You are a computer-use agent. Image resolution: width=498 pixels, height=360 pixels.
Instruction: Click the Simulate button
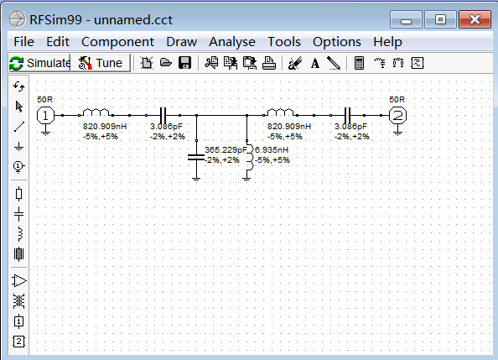pyautogui.click(x=39, y=63)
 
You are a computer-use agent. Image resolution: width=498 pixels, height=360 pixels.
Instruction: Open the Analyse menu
pyautogui.click(x=232, y=42)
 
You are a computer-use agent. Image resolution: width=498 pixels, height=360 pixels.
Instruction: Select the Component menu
pyautogui.click(x=117, y=42)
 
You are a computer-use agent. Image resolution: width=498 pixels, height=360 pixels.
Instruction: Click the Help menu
pyautogui.click(x=387, y=42)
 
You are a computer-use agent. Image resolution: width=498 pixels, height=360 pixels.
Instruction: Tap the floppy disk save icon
pyautogui.click(x=184, y=63)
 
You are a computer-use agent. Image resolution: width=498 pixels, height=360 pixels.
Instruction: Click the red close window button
pyautogui.click(x=475, y=19)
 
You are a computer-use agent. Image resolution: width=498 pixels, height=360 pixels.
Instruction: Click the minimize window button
pyautogui.click(x=406, y=19)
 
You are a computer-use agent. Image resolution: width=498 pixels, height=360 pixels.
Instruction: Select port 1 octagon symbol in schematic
pyautogui.click(x=45, y=115)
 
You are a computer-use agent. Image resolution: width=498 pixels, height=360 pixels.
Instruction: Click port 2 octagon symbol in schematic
pyautogui.click(x=397, y=115)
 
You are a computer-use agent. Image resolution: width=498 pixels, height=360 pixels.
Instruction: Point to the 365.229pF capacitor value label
pyautogui.click(x=226, y=149)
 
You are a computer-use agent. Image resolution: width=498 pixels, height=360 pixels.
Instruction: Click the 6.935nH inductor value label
pyautogui.click(x=272, y=149)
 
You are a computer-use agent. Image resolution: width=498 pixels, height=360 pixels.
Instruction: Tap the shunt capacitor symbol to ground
pyautogui.click(x=196, y=158)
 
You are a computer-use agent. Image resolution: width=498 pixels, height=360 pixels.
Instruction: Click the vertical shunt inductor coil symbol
pyautogui.click(x=250, y=158)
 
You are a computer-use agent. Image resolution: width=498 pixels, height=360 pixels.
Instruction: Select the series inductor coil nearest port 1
pyautogui.click(x=96, y=112)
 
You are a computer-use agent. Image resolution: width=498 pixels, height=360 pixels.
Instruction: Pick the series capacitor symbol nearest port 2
pyautogui.click(x=347, y=115)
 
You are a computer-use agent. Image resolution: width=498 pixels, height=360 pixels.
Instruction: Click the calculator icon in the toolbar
pyautogui.click(x=359, y=63)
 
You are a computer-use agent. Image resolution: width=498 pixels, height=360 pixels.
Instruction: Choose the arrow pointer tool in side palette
pyautogui.click(x=19, y=107)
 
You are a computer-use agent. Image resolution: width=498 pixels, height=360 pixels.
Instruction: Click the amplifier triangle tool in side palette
pyautogui.click(x=19, y=281)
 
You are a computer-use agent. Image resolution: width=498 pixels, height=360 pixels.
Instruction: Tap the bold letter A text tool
pyautogui.click(x=315, y=63)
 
